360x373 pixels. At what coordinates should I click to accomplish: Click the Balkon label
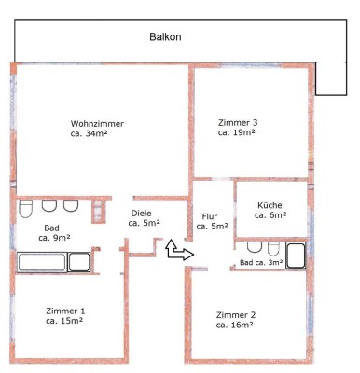pos(165,37)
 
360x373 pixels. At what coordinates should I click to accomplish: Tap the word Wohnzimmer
pos(97,124)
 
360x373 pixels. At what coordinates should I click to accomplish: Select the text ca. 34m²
pos(97,135)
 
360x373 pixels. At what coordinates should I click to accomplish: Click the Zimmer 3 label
pos(238,122)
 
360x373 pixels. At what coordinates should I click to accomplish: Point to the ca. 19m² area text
pos(238,133)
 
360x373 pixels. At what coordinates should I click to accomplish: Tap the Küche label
pos(270,204)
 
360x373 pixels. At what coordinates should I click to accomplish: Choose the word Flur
pos(210,216)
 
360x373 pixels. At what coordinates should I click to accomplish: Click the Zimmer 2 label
pos(235,314)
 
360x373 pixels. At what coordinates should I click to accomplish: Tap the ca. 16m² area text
pos(235,325)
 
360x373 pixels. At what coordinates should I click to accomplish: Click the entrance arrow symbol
pos(178,252)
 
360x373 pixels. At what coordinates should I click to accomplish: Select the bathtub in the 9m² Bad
pos(43,261)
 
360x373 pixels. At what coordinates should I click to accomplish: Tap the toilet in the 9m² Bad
pos(26,208)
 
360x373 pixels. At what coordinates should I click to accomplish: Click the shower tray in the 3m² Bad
pos(298,256)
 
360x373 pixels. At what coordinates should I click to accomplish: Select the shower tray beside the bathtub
pos(82,261)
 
